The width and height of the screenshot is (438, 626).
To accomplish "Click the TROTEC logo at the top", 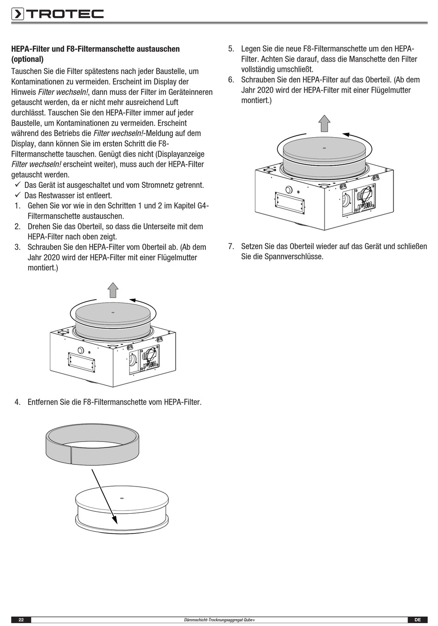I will coord(57,14).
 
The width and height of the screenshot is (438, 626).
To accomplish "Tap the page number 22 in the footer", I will coord(21,620).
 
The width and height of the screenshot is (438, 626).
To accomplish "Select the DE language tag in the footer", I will coord(418,620).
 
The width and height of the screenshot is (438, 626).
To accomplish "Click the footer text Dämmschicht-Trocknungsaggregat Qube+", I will coord(219,620).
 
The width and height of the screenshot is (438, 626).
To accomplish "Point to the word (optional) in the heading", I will coord(27,59).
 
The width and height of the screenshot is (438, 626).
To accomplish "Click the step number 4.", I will coord(18,402).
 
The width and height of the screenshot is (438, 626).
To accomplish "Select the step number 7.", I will coord(231,246).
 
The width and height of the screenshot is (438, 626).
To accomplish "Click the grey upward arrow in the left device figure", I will coord(113,290).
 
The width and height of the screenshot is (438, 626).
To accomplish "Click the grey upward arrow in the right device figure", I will coord(325,123).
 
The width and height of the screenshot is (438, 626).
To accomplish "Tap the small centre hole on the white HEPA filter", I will coord(121,498).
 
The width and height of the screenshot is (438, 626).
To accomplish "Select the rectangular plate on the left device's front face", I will coord(82,362).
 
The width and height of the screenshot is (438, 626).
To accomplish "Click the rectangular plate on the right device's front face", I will coord(290,203).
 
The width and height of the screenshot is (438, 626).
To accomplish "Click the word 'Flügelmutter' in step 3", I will coord(178,257).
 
